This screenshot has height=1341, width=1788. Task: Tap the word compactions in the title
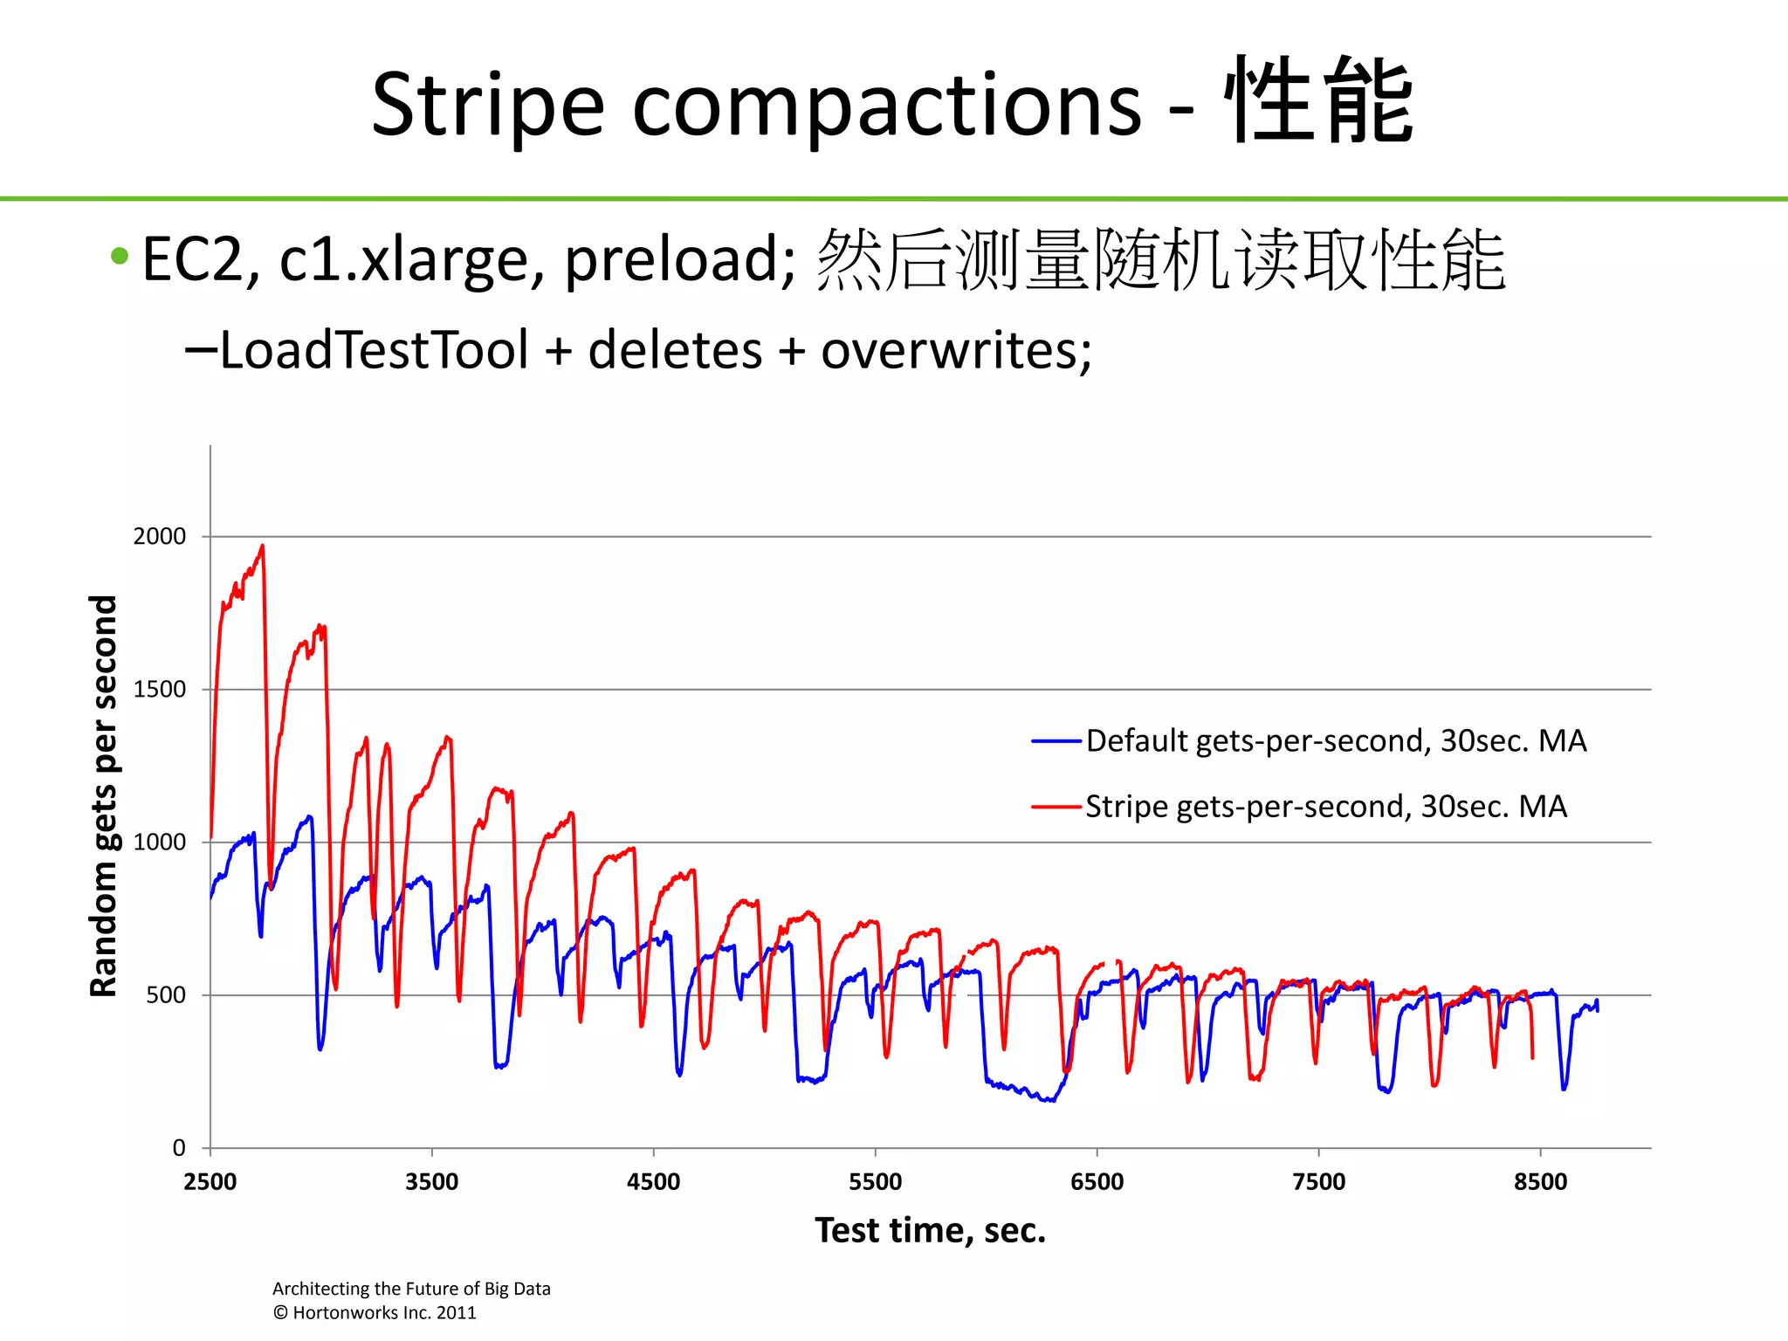(886, 105)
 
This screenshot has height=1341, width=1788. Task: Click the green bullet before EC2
(120, 257)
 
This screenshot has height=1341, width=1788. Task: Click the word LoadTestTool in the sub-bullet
(374, 350)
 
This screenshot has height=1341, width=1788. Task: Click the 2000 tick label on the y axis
(160, 536)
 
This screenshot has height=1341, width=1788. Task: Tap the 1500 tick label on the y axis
(160, 689)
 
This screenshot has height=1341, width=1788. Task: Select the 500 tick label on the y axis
(166, 995)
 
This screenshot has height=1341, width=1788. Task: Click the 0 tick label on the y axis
(179, 1148)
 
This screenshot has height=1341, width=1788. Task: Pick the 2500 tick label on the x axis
(210, 1182)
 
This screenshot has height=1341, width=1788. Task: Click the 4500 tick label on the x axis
(653, 1182)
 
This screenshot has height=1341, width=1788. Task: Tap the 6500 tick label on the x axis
(1097, 1182)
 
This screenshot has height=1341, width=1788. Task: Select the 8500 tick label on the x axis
(1540, 1182)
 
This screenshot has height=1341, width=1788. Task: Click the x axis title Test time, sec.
(930, 1230)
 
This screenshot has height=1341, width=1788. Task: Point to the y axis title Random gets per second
(104, 795)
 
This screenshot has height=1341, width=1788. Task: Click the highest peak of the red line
(262, 547)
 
